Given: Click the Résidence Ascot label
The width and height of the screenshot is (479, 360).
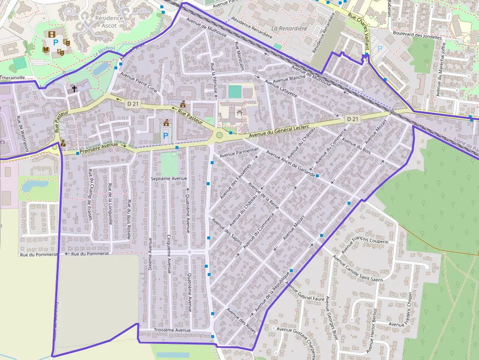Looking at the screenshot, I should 109,21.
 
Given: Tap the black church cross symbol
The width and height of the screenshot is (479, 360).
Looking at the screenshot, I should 74,89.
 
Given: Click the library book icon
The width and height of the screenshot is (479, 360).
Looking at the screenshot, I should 46,50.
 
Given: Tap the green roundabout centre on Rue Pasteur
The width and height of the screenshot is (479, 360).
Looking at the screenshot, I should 219,135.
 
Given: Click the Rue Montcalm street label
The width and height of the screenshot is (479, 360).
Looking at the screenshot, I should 239,56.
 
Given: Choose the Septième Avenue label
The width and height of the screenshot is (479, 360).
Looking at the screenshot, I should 169,179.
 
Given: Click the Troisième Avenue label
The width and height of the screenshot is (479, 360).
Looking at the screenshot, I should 172,330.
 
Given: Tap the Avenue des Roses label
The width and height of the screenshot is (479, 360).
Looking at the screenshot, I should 241,319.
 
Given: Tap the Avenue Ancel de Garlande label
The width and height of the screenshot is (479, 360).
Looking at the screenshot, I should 290,166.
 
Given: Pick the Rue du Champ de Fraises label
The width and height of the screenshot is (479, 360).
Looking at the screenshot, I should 90,194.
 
